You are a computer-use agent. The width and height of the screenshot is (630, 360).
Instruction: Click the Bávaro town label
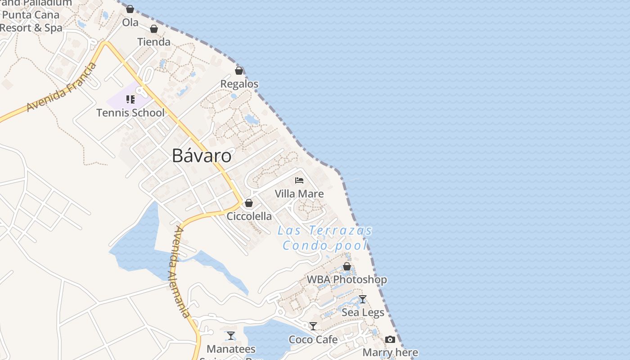202,156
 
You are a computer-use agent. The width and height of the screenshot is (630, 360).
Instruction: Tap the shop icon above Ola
130,9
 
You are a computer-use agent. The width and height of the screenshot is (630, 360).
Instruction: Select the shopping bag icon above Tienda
154,29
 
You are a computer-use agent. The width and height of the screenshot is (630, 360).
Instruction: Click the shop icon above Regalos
239,71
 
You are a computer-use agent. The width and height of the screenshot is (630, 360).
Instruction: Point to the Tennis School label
130,112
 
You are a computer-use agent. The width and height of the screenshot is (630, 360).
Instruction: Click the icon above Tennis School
130,99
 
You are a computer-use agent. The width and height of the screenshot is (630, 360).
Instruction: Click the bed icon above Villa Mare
299,180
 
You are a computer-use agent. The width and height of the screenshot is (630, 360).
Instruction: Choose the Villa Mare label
299,194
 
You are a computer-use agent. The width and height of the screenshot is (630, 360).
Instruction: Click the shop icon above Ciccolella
249,203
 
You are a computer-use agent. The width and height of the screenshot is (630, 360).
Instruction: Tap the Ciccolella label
249,216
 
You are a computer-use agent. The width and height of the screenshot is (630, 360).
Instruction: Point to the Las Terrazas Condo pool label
325,238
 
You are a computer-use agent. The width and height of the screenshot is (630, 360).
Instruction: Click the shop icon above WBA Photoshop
347,266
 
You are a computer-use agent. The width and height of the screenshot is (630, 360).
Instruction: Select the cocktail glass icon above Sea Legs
363,299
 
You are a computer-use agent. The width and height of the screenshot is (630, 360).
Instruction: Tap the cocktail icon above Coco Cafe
313,326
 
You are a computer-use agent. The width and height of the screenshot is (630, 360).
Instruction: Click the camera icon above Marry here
390,340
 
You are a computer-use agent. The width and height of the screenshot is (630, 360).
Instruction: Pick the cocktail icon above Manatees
231,336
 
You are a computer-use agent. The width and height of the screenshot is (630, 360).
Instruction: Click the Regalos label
239,84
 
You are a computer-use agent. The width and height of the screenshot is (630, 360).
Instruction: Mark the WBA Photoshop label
346,279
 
